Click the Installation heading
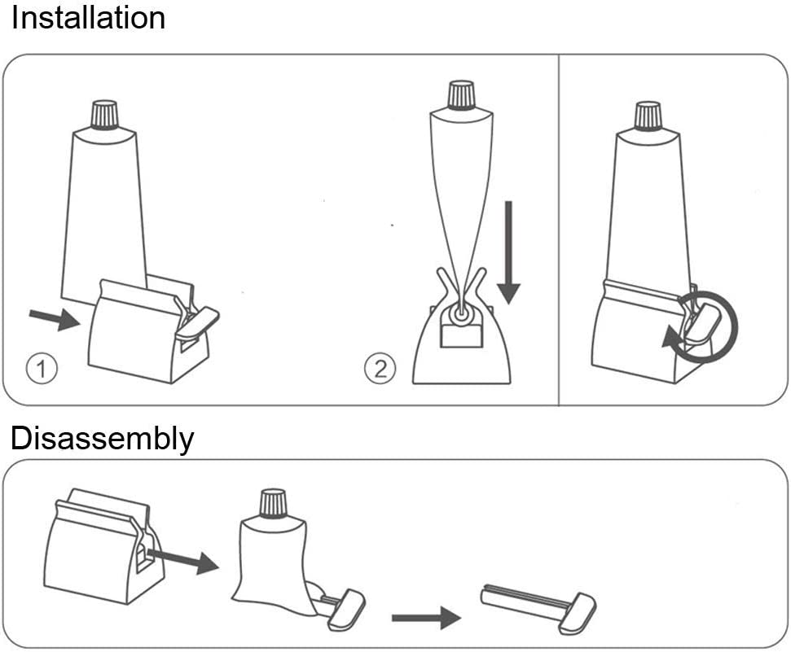88,18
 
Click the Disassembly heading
102,439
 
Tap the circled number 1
41,370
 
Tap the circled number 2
379,370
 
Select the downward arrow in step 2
509,252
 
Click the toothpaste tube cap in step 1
105,115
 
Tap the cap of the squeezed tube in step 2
461,94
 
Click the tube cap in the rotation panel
648,115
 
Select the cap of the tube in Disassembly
272,503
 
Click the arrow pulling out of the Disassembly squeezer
182,559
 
